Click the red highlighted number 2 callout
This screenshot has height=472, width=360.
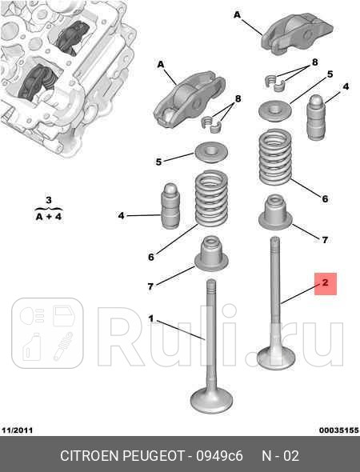(x=326, y=282)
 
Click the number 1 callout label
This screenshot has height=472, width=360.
(x=150, y=318)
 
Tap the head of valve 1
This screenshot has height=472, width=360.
(x=211, y=397)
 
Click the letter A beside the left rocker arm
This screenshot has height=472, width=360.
(x=160, y=64)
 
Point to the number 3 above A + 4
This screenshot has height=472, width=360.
(x=48, y=200)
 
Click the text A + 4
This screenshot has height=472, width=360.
(x=48, y=216)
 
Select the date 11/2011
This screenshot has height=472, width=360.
(x=17, y=431)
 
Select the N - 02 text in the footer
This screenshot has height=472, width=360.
(x=280, y=456)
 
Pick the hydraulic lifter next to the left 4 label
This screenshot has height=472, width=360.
(x=170, y=206)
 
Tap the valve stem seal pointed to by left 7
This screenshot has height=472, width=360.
(x=211, y=254)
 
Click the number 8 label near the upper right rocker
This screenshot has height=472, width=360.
(x=314, y=62)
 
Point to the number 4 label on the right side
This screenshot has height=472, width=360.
(x=346, y=86)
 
